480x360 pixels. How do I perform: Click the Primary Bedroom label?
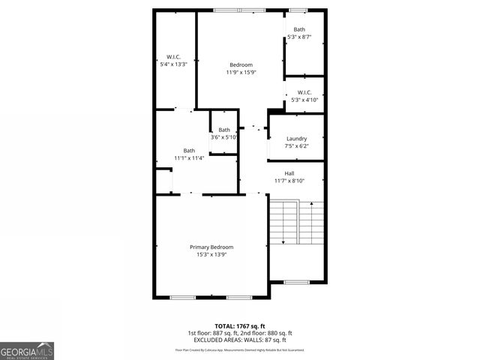point(211,247)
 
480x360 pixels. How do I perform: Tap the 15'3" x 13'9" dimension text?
point(211,255)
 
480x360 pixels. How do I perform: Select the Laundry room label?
point(296,139)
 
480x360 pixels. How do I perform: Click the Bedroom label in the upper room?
point(241,64)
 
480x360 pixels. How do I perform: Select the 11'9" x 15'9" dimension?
point(241,73)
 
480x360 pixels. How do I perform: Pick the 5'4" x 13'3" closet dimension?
point(173,64)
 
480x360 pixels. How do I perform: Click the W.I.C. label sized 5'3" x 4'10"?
point(304,92)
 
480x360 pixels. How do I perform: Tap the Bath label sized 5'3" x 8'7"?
point(299,29)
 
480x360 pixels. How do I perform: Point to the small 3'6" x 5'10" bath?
point(223,133)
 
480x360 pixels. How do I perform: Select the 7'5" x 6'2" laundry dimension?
point(296,146)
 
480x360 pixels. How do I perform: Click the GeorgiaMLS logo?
point(27,350)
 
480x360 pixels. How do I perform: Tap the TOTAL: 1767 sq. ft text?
point(240,325)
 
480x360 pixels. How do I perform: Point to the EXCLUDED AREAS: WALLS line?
point(240,340)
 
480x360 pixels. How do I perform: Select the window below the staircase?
point(296,283)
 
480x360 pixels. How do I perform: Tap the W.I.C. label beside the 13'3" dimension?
point(173,57)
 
